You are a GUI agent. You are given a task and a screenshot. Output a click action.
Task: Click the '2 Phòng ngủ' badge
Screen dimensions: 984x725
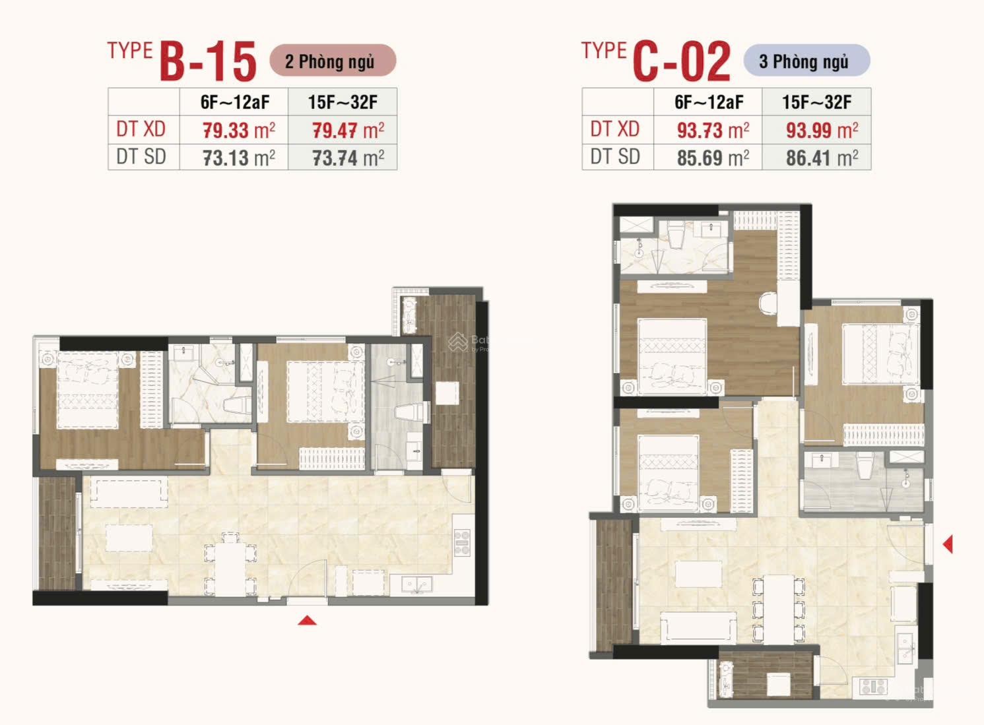(333, 61)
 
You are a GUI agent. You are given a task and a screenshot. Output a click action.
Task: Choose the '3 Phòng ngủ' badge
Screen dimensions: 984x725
(807, 61)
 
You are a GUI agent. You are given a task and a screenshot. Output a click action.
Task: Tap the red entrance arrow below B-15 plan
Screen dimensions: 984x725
(307, 620)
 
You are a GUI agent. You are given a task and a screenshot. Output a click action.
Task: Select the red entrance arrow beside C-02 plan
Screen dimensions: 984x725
(948, 544)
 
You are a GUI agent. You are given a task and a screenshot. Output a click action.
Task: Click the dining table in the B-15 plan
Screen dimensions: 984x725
(230, 569)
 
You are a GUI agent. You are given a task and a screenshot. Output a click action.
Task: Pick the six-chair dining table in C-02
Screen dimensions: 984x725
(778, 610)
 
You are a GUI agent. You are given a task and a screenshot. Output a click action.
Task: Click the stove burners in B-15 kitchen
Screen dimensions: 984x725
(462, 543)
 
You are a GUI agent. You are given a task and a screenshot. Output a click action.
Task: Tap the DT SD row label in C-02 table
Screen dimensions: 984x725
(615, 157)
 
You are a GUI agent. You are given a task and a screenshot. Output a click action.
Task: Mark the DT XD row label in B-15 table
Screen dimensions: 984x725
(141, 129)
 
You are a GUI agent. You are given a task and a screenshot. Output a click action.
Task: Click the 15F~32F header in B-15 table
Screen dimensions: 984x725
(343, 102)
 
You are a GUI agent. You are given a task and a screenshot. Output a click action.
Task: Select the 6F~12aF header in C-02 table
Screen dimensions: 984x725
(709, 102)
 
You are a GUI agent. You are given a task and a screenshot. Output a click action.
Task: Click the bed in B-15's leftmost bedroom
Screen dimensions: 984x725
(87, 390)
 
